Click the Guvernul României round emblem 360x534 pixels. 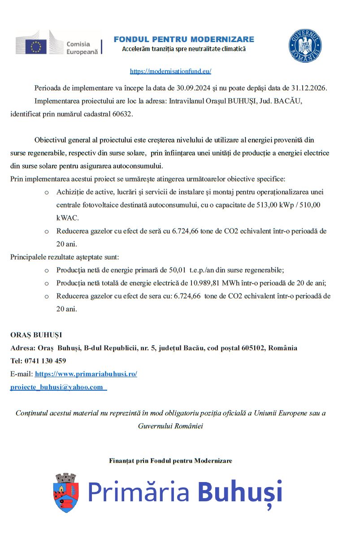305,46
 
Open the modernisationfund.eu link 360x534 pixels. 170,71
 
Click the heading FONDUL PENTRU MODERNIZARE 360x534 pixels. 184,39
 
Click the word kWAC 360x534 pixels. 67,218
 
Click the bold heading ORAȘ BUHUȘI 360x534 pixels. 36,335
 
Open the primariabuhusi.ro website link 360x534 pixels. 86,374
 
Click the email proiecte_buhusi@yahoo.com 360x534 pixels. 57,387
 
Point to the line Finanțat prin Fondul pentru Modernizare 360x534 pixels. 170,461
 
